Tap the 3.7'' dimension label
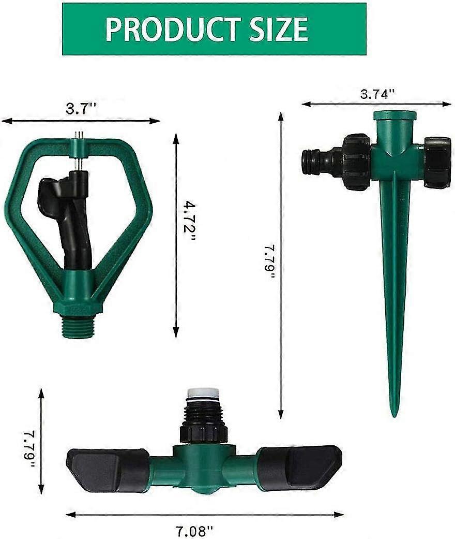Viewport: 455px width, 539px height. [81, 109]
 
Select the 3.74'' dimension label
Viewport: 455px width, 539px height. [377, 94]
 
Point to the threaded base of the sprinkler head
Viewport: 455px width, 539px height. [78, 328]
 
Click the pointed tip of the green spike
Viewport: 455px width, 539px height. [395, 412]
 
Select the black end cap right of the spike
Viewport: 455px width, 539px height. [437, 162]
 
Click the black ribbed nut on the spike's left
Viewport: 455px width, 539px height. [356, 161]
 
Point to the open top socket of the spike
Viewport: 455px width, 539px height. [395, 114]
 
